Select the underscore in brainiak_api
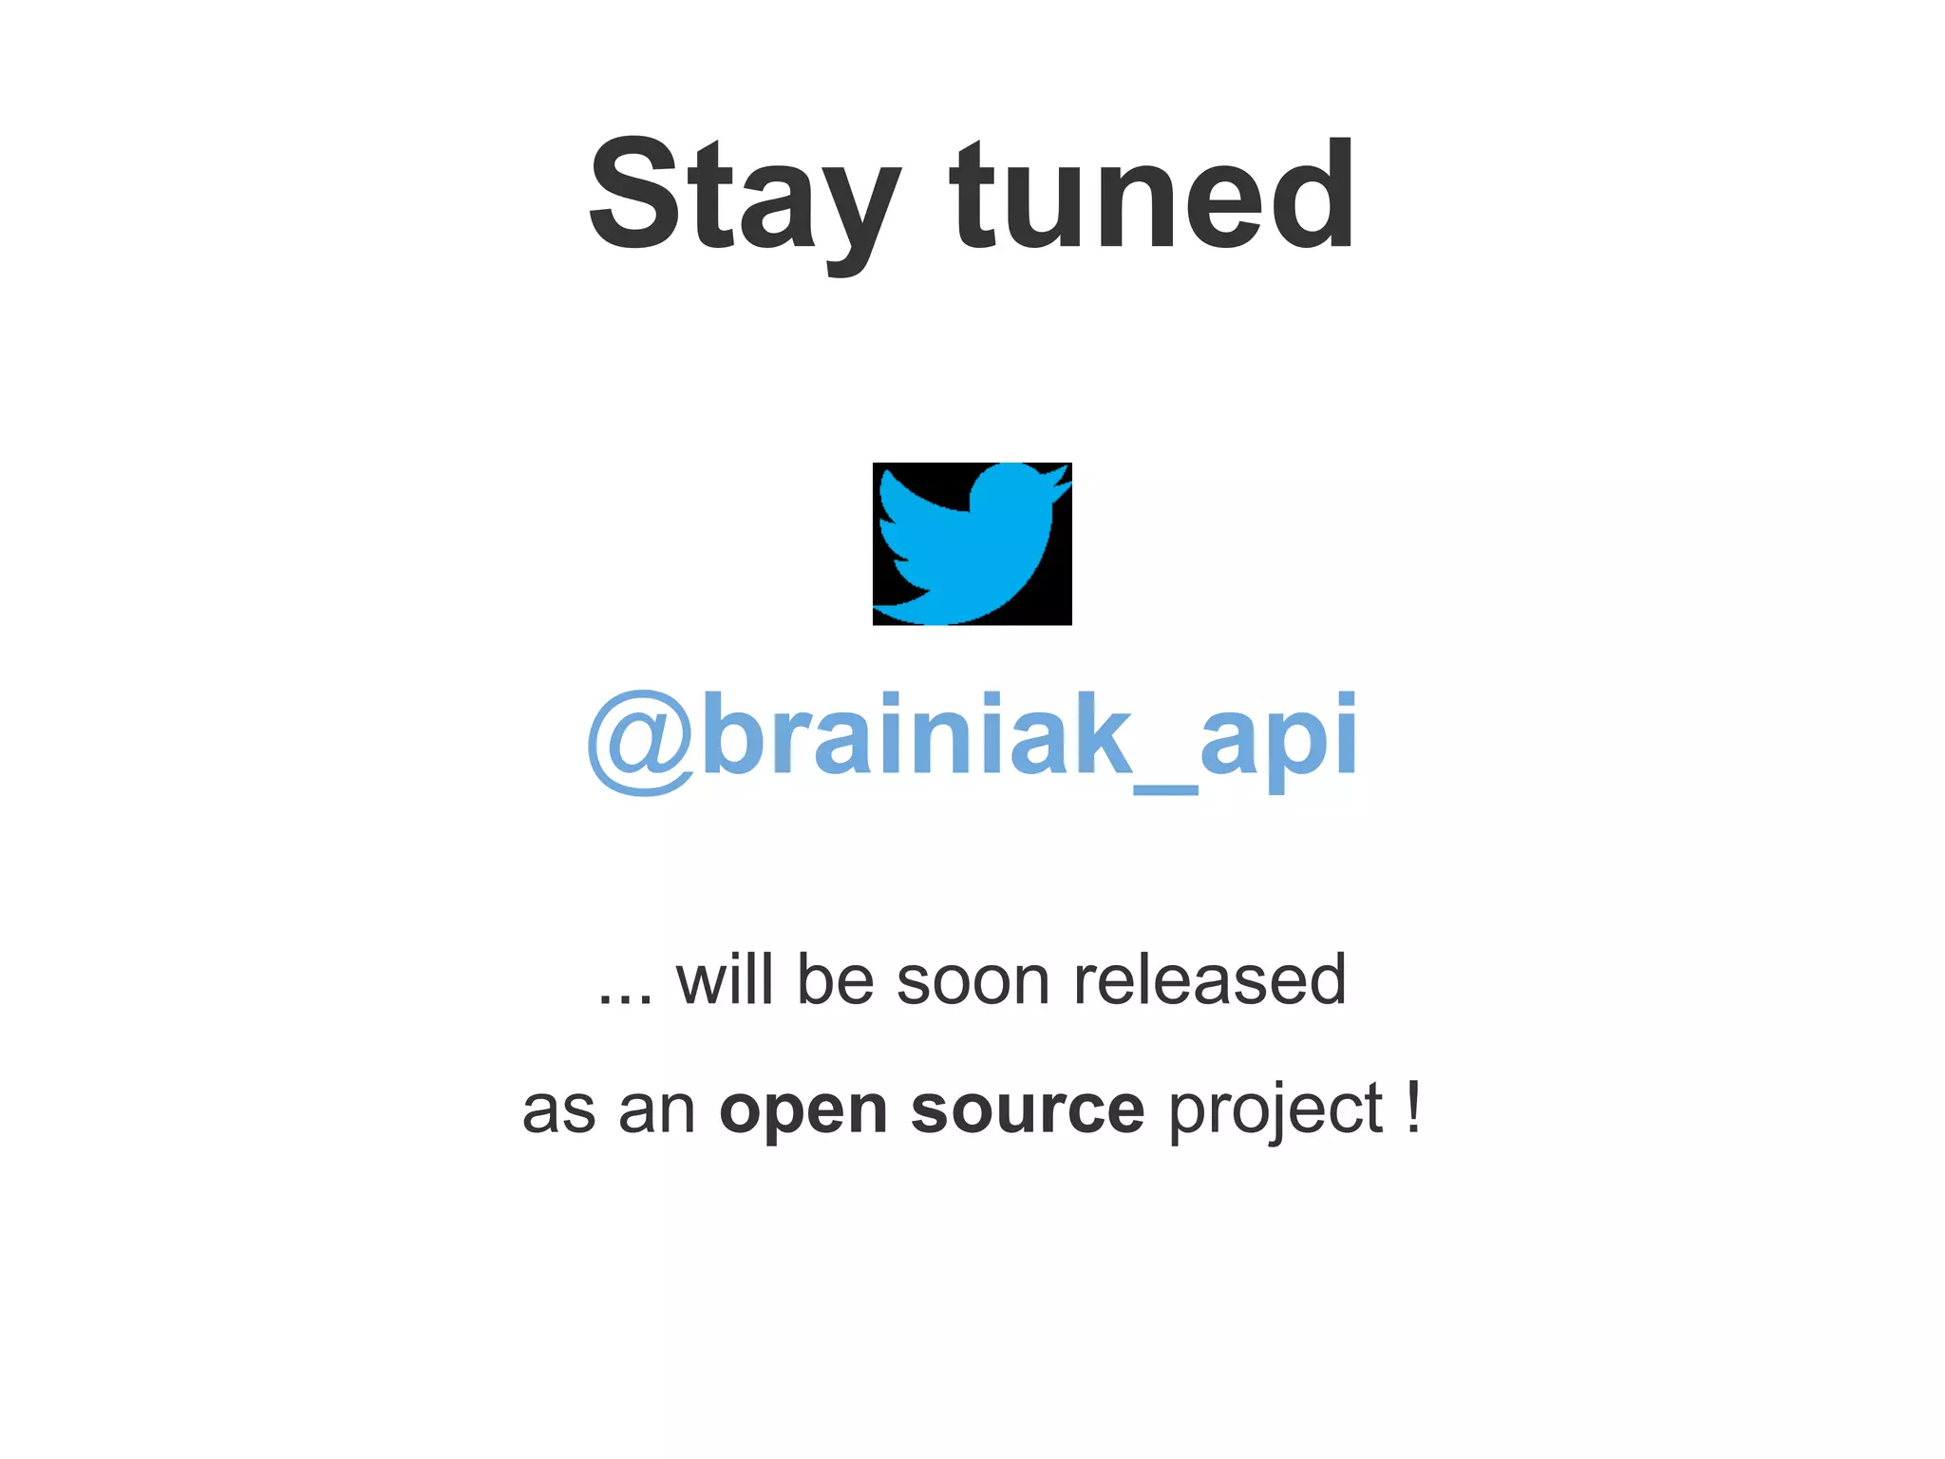pyautogui.click(x=1165, y=787)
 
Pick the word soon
pyautogui.click(x=973, y=981)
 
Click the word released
pyautogui.click(x=1209, y=979)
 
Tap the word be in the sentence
pyautogui.click(x=835, y=979)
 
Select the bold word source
pyautogui.click(x=1027, y=1109)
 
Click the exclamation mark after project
pyautogui.click(x=1413, y=1106)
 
